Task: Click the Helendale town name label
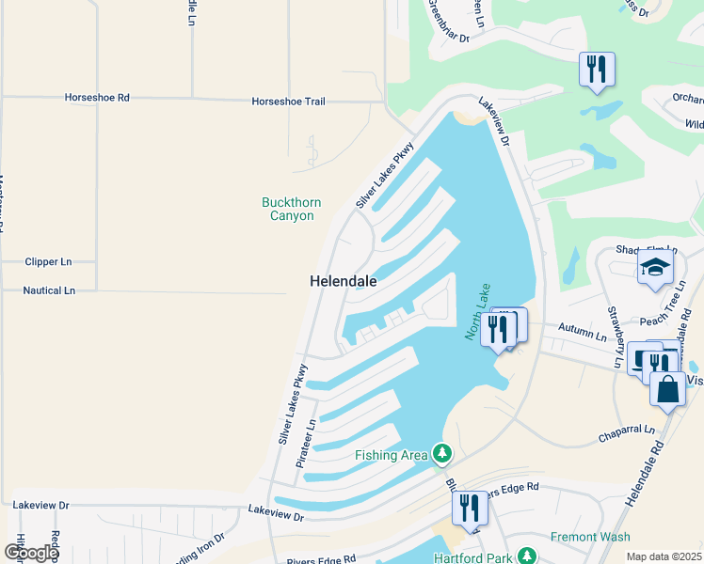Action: [x=344, y=281]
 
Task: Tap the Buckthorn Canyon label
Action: [x=291, y=209]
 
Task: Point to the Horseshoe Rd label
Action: [x=97, y=98]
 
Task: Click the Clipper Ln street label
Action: [x=50, y=262]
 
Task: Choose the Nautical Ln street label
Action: [x=49, y=291]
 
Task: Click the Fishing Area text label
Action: [x=391, y=456]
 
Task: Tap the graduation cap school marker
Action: [x=655, y=269]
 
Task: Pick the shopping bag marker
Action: [x=667, y=389]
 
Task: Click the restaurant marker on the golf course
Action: [x=597, y=70]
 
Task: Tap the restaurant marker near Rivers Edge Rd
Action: [x=470, y=509]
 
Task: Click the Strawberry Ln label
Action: [x=615, y=337]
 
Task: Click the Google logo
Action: [x=31, y=552]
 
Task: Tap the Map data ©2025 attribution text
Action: [x=663, y=556]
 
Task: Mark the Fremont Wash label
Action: [x=591, y=538]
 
